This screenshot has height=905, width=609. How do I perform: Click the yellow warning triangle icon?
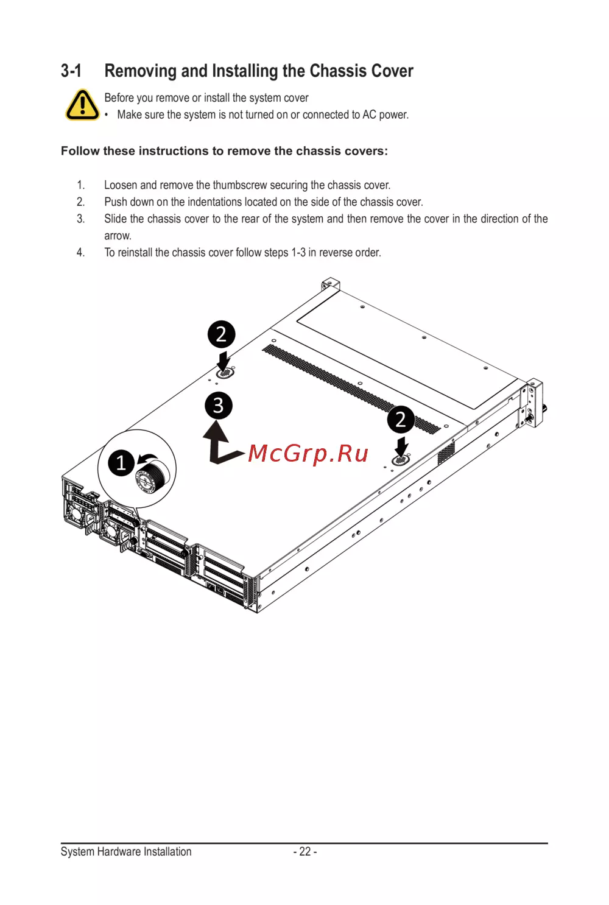pyautogui.click(x=82, y=105)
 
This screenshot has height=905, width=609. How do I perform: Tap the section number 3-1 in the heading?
pyautogui.click(x=71, y=71)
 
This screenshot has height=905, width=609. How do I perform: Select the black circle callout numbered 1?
pyautogui.click(x=121, y=462)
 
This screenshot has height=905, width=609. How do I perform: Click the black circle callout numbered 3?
pyautogui.click(x=218, y=405)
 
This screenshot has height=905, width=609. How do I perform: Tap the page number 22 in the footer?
pyautogui.click(x=305, y=851)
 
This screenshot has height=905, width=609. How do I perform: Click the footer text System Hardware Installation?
pyautogui.click(x=126, y=851)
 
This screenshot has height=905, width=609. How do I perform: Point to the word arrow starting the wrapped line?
pyautogui.click(x=118, y=236)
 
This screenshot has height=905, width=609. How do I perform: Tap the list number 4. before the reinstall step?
pyautogui.click(x=81, y=253)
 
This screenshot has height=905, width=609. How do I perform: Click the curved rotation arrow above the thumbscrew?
pyautogui.click(x=147, y=458)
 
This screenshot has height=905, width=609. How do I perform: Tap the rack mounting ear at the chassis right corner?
pyautogui.click(x=532, y=403)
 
